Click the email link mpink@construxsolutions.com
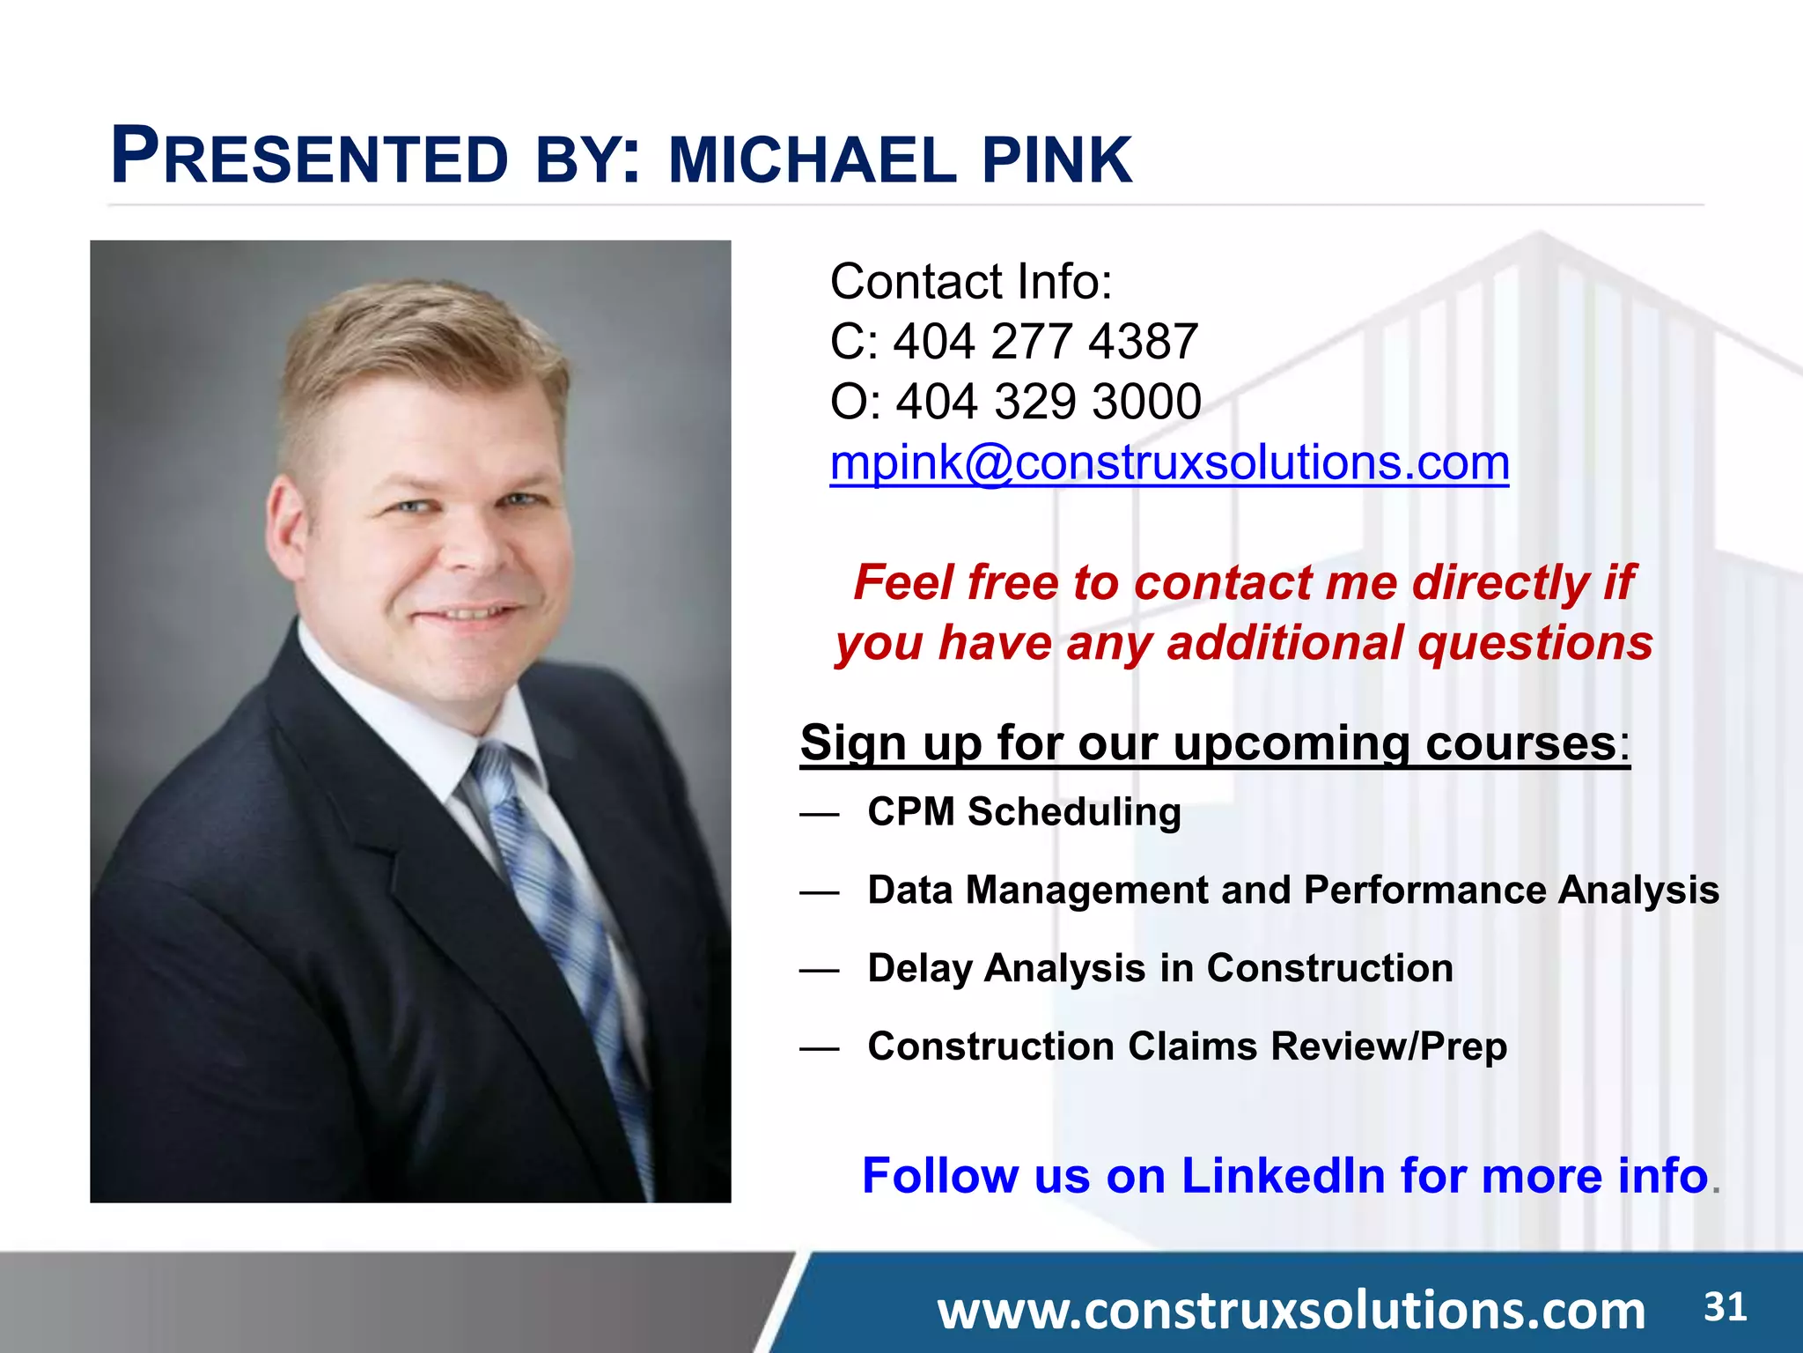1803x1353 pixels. (1169, 463)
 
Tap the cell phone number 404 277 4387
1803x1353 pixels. (1045, 342)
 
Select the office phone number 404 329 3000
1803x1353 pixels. (1048, 403)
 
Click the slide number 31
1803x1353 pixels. (1725, 1307)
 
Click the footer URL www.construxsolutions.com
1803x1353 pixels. (1291, 1311)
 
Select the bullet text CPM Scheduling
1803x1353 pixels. (1024, 812)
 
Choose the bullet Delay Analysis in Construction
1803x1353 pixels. (1159, 968)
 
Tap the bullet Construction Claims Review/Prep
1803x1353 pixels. (1187, 1046)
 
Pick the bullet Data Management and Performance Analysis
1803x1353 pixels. (1292, 890)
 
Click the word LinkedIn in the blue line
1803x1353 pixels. (1283, 1176)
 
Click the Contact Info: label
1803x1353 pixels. (971, 282)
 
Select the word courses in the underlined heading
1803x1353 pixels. (1520, 743)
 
